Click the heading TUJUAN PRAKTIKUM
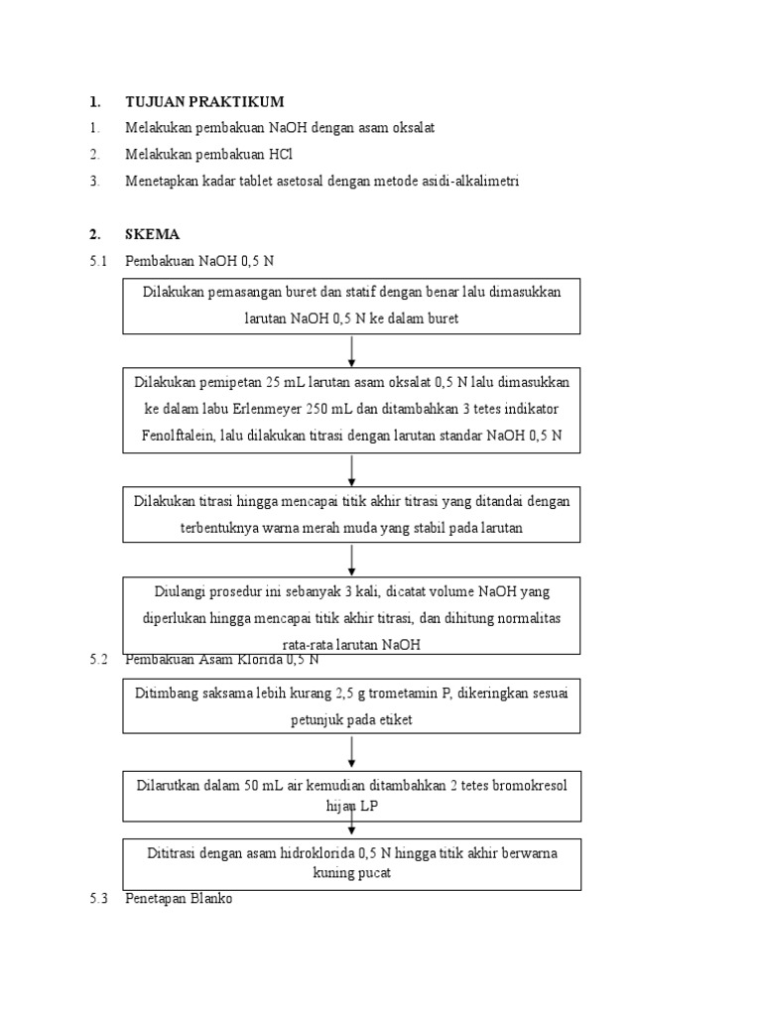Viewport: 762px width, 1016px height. [204, 101]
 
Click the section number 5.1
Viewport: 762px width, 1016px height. [97, 261]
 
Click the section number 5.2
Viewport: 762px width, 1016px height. [97, 658]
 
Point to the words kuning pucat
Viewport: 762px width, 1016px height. [352, 873]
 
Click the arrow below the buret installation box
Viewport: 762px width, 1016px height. [352, 351]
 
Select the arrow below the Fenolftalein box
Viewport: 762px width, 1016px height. [352, 469]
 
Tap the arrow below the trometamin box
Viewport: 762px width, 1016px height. [352, 753]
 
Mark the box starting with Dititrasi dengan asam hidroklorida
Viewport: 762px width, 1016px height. [352, 863]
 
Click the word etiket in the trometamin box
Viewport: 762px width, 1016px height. [393, 719]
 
